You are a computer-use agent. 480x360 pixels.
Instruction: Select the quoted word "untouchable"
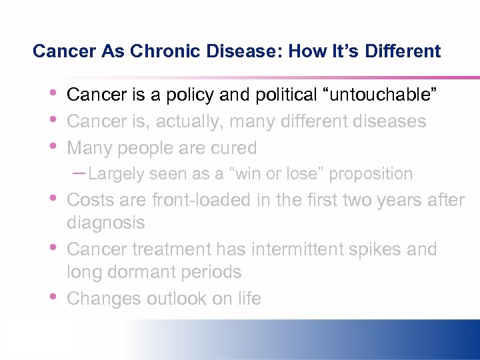click(x=380, y=95)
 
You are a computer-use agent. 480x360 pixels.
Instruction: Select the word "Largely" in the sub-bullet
click(x=117, y=174)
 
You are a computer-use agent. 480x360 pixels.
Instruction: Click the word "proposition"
click(x=371, y=174)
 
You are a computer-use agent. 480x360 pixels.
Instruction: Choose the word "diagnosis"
click(x=106, y=223)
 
